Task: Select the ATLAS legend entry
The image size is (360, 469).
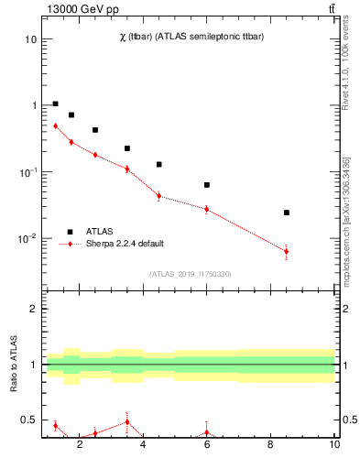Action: (100, 232)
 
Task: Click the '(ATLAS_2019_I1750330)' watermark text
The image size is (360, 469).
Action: (190, 274)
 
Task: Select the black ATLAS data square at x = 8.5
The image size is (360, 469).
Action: (287, 213)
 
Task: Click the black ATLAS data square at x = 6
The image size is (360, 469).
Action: (207, 185)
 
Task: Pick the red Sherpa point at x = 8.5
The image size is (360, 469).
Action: (287, 251)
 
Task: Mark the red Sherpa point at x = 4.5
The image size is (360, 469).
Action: (159, 195)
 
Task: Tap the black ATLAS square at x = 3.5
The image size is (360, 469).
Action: (127, 148)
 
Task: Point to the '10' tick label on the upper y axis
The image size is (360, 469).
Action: (30, 39)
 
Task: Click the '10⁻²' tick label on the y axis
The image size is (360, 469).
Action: (27, 239)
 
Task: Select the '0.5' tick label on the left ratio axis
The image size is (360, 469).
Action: (28, 420)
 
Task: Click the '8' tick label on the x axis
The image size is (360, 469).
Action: (270, 444)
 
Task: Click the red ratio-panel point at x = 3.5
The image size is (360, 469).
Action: (127, 422)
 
